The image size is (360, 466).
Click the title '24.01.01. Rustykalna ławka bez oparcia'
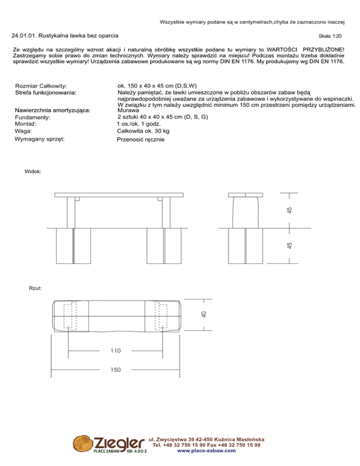point(65,35)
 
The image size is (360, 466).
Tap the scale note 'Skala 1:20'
point(330,36)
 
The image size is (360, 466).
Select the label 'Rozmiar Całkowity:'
point(48,86)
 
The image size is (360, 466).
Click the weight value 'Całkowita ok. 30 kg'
point(143,131)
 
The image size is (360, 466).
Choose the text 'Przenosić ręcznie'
point(141,140)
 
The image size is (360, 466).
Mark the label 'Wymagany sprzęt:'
point(40,139)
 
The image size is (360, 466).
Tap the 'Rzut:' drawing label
point(36,288)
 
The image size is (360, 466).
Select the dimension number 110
point(116,350)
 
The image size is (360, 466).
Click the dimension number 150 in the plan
point(116,370)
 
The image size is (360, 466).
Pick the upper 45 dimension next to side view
point(290,210)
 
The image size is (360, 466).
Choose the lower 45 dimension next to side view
point(290,245)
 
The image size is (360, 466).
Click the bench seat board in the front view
point(118,194)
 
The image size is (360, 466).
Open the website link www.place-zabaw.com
point(206,451)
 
